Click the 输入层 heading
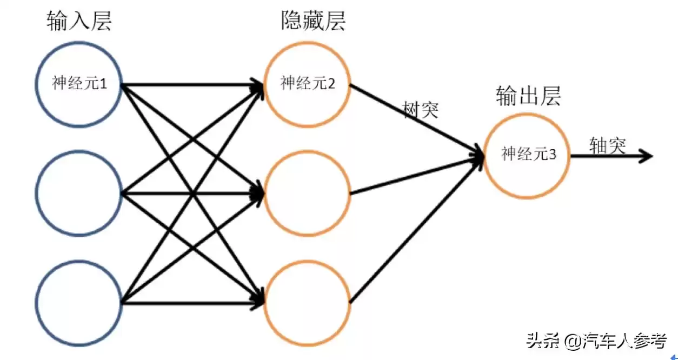(79, 22)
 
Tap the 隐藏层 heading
(313, 22)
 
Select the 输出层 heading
(528, 96)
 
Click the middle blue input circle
(79, 193)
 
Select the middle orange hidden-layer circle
(307, 193)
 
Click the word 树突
(421, 110)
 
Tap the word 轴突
(608, 145)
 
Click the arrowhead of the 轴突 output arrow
(647, 157)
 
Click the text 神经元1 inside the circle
(79, 84)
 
